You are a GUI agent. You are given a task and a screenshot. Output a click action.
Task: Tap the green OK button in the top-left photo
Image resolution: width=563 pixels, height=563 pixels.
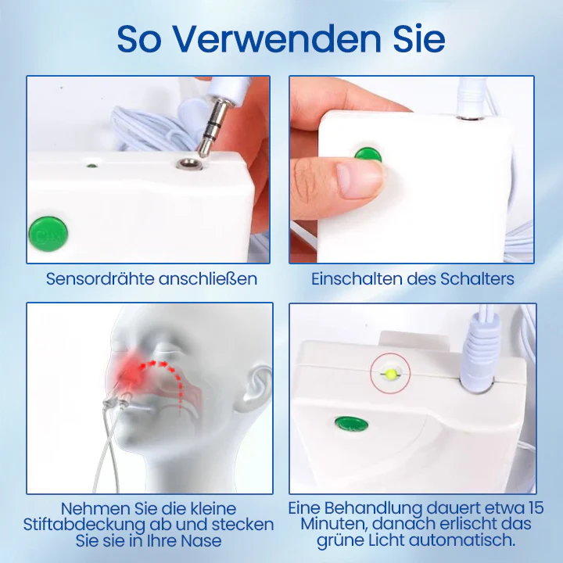[x=48, y=232]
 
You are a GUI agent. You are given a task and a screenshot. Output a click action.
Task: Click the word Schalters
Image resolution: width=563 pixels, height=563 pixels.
[x=479, y=279]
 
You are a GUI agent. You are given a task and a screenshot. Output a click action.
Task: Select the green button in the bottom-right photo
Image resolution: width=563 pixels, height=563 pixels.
[x=351, y=425]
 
